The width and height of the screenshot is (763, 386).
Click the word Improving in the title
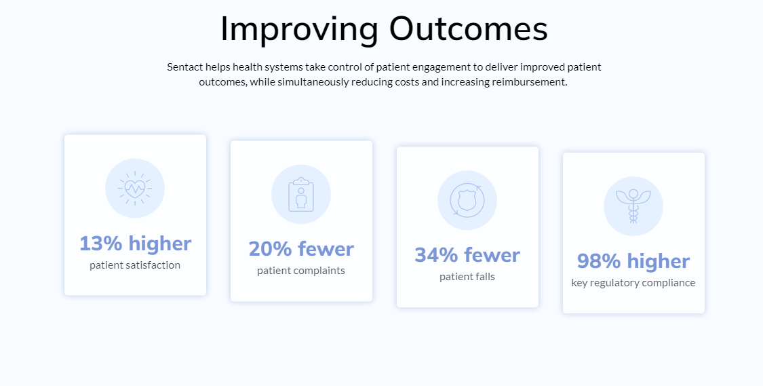299,30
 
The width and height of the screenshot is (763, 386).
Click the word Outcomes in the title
468,29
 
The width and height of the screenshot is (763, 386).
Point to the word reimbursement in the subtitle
530,82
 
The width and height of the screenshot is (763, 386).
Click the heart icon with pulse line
135,188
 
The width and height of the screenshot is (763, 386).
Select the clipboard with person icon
301,195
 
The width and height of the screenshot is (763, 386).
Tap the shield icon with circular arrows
467,200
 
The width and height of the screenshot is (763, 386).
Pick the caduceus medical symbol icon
633,206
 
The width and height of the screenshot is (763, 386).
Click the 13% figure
101,244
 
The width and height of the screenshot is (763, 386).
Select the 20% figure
270,249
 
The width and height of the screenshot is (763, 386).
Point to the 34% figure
436,255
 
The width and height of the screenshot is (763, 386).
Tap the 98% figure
599,261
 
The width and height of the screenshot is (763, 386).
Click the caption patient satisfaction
135,265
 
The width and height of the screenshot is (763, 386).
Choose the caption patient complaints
301,271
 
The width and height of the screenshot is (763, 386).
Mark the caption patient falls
467,277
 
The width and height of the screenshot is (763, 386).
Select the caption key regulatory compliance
633,283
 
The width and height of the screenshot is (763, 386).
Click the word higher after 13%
160,244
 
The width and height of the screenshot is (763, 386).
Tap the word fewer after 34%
492,254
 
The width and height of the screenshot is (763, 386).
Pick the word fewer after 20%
326,249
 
